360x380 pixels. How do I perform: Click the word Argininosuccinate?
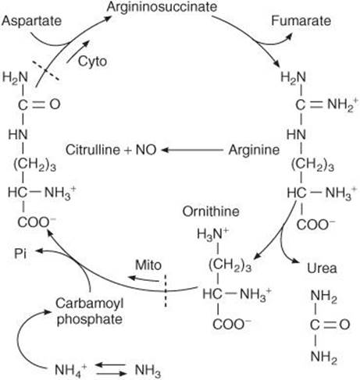pos(162,7)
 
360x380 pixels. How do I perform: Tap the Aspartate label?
pos(31,21)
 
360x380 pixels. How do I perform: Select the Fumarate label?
pos(301,21)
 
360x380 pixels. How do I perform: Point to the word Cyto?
pos(92,62)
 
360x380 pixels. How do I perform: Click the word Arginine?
pos(254,150)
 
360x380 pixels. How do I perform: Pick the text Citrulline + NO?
pos(111,150)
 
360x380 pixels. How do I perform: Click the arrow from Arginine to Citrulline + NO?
pos(192,150)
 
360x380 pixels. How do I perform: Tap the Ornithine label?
pos(211,211)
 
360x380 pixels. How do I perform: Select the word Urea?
pos(322,268)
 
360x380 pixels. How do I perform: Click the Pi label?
pos(20,253)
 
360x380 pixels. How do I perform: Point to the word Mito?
pos(148,265)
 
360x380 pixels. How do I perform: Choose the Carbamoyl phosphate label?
pos(90,311)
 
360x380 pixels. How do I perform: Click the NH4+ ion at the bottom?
pos(70,369)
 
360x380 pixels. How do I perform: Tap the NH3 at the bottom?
pos(148,370)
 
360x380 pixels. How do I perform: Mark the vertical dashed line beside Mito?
pos(165,290)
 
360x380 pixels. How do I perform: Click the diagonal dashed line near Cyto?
pos(46,70)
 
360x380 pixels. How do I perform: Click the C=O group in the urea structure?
pos(330,325)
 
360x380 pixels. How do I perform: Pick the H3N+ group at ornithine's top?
pos(212,233)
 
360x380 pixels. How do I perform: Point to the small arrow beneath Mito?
pos(144,279)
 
